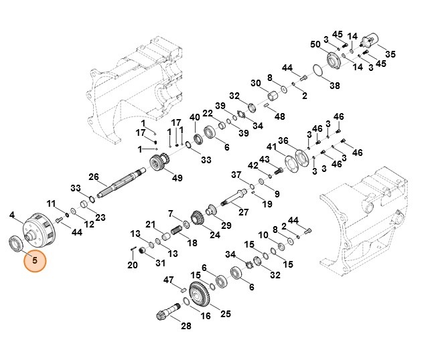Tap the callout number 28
[186, 326]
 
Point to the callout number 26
[94, 177]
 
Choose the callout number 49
[177, 177]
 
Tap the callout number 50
[315, 45]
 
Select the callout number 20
[133, 265]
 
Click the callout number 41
[271, 147]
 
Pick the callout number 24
[214, 234]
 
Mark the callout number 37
[236, 175]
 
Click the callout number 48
[280, 116]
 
